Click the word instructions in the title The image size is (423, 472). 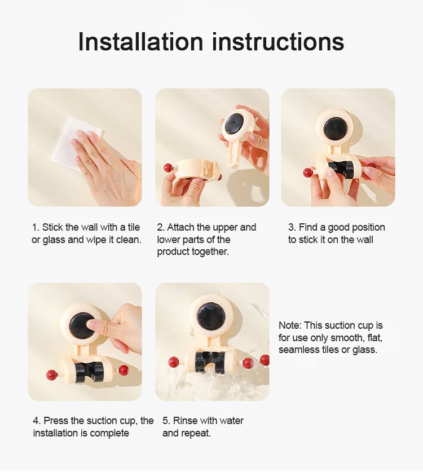(278, 42)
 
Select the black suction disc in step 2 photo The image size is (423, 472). (235, 122)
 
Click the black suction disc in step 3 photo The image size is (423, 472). (335, 129)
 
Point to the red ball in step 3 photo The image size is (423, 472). (308, 173)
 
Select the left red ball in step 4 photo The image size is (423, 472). (51, 375)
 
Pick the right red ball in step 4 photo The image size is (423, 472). (124, 370)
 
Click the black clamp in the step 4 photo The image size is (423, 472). (89, 373)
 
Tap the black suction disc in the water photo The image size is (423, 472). (211, 317)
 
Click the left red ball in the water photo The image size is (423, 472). (173, 362)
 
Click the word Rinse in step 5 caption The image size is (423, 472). (185, 421)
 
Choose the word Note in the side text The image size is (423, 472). (290, 325)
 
